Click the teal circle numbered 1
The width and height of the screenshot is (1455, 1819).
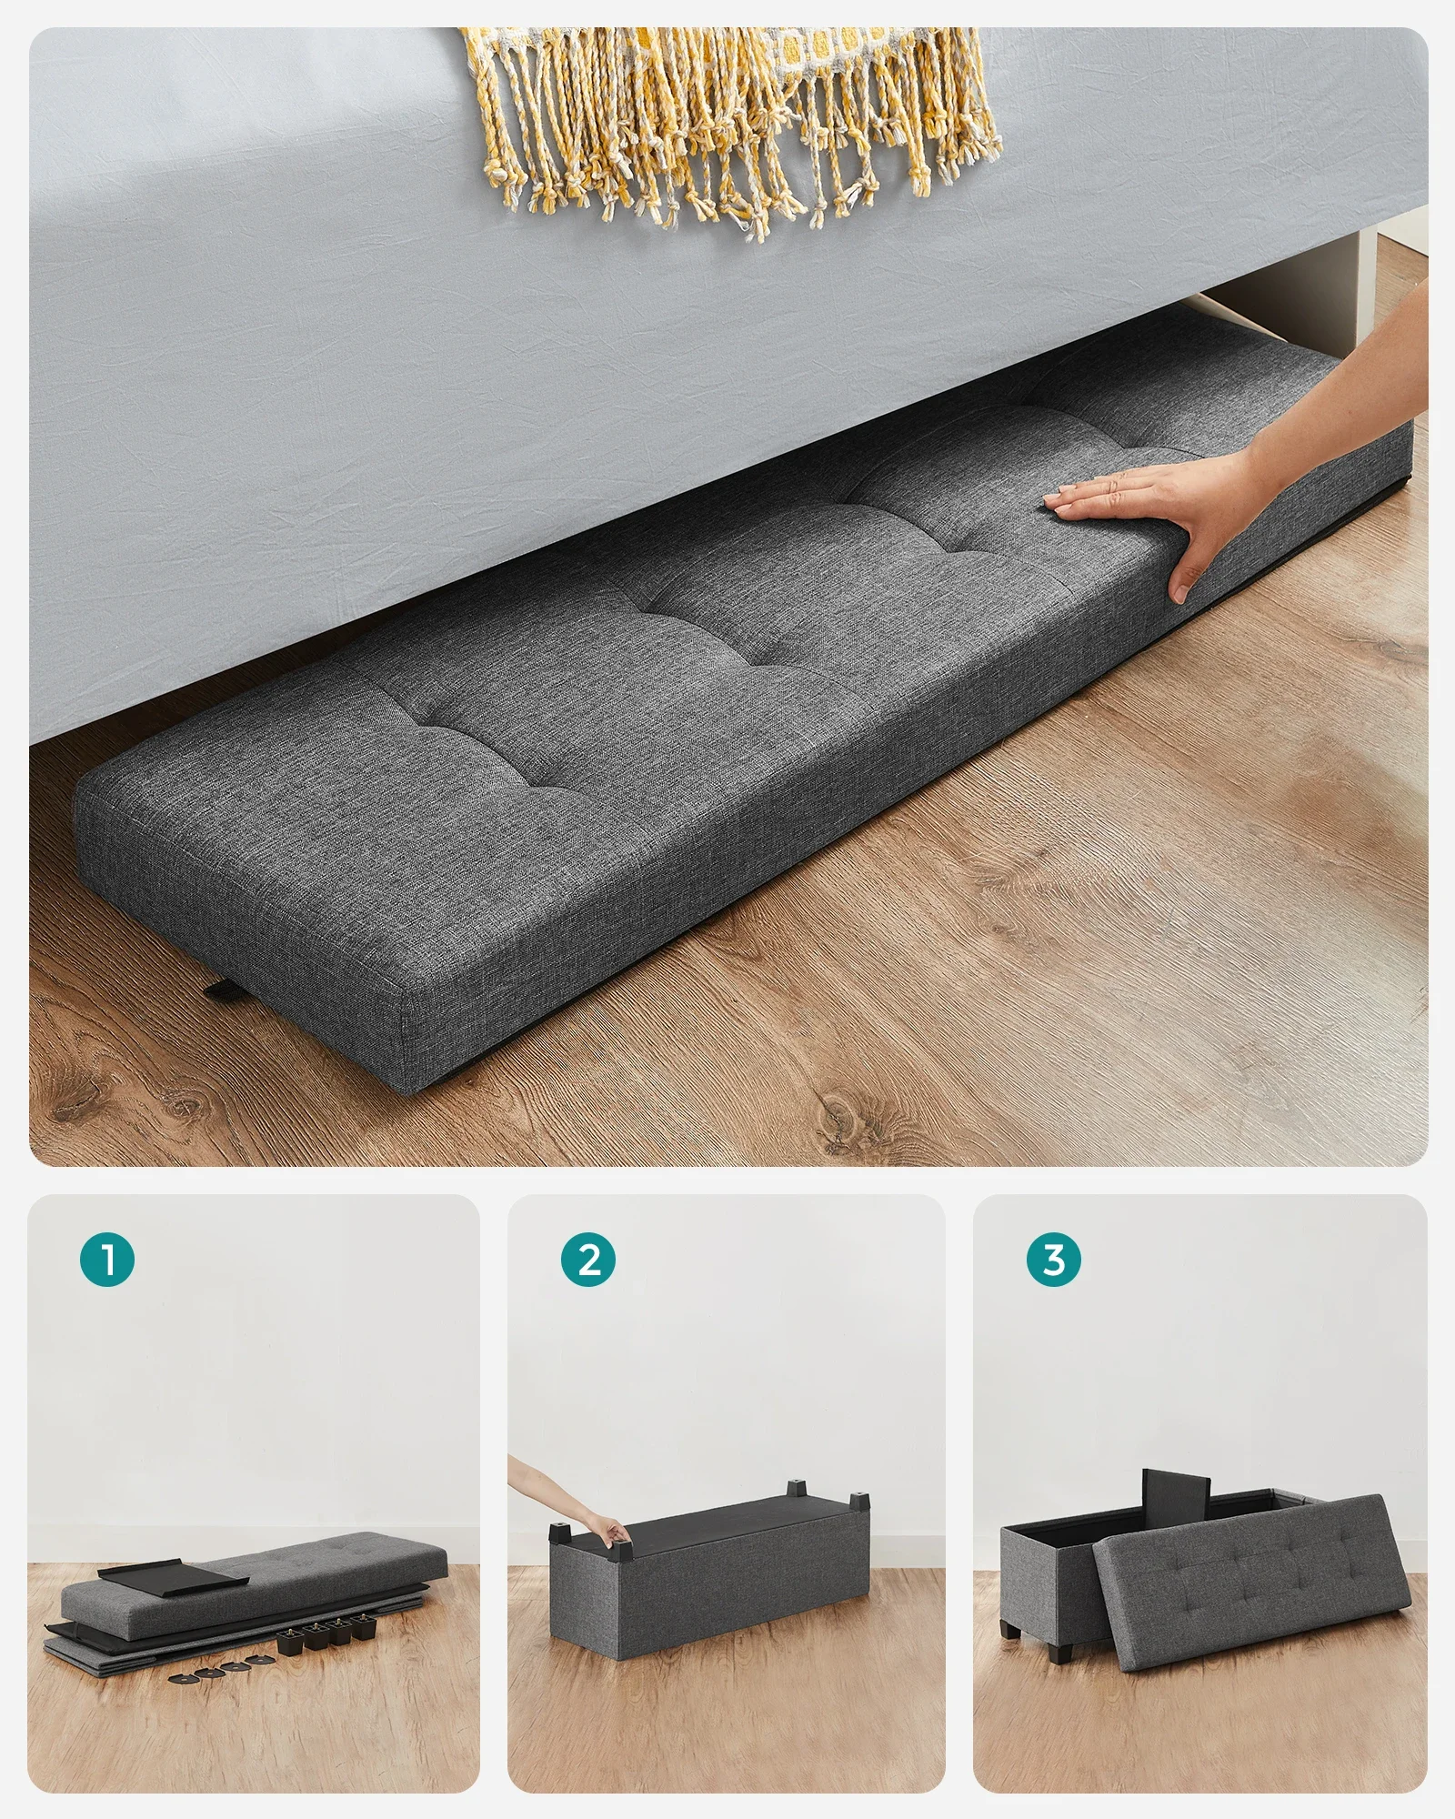(108, 1261)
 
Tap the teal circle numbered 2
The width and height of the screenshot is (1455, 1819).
(589, 1261)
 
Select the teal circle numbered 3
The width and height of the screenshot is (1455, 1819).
(1054, 1261)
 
